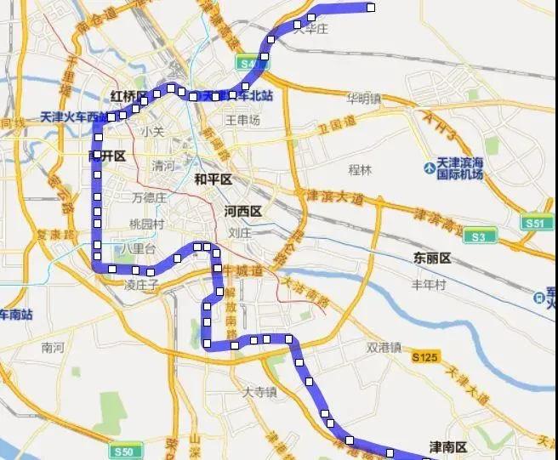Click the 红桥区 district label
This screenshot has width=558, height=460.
tap(128, 95)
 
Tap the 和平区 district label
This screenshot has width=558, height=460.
tap(213, 179)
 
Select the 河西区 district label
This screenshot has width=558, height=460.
tap(242, 211)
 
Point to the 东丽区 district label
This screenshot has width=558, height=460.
tap(431, 257)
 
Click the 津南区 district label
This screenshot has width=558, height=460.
tap(447, 446)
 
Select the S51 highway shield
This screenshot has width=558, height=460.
tap(533, 223)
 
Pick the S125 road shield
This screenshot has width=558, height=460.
tap(425, 357)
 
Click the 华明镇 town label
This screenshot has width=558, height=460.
tap(363, 98)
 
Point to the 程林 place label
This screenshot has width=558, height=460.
tap(361, 169)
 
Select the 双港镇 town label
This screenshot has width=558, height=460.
tap(383, 347)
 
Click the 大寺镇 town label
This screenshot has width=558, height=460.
tap(259, 393)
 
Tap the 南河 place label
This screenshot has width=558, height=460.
tap(53, 347)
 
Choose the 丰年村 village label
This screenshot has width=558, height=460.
tap(429, 285)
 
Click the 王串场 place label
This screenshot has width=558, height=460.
tap(242, 121)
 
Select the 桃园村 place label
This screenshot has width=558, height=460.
tap(145, 224)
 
